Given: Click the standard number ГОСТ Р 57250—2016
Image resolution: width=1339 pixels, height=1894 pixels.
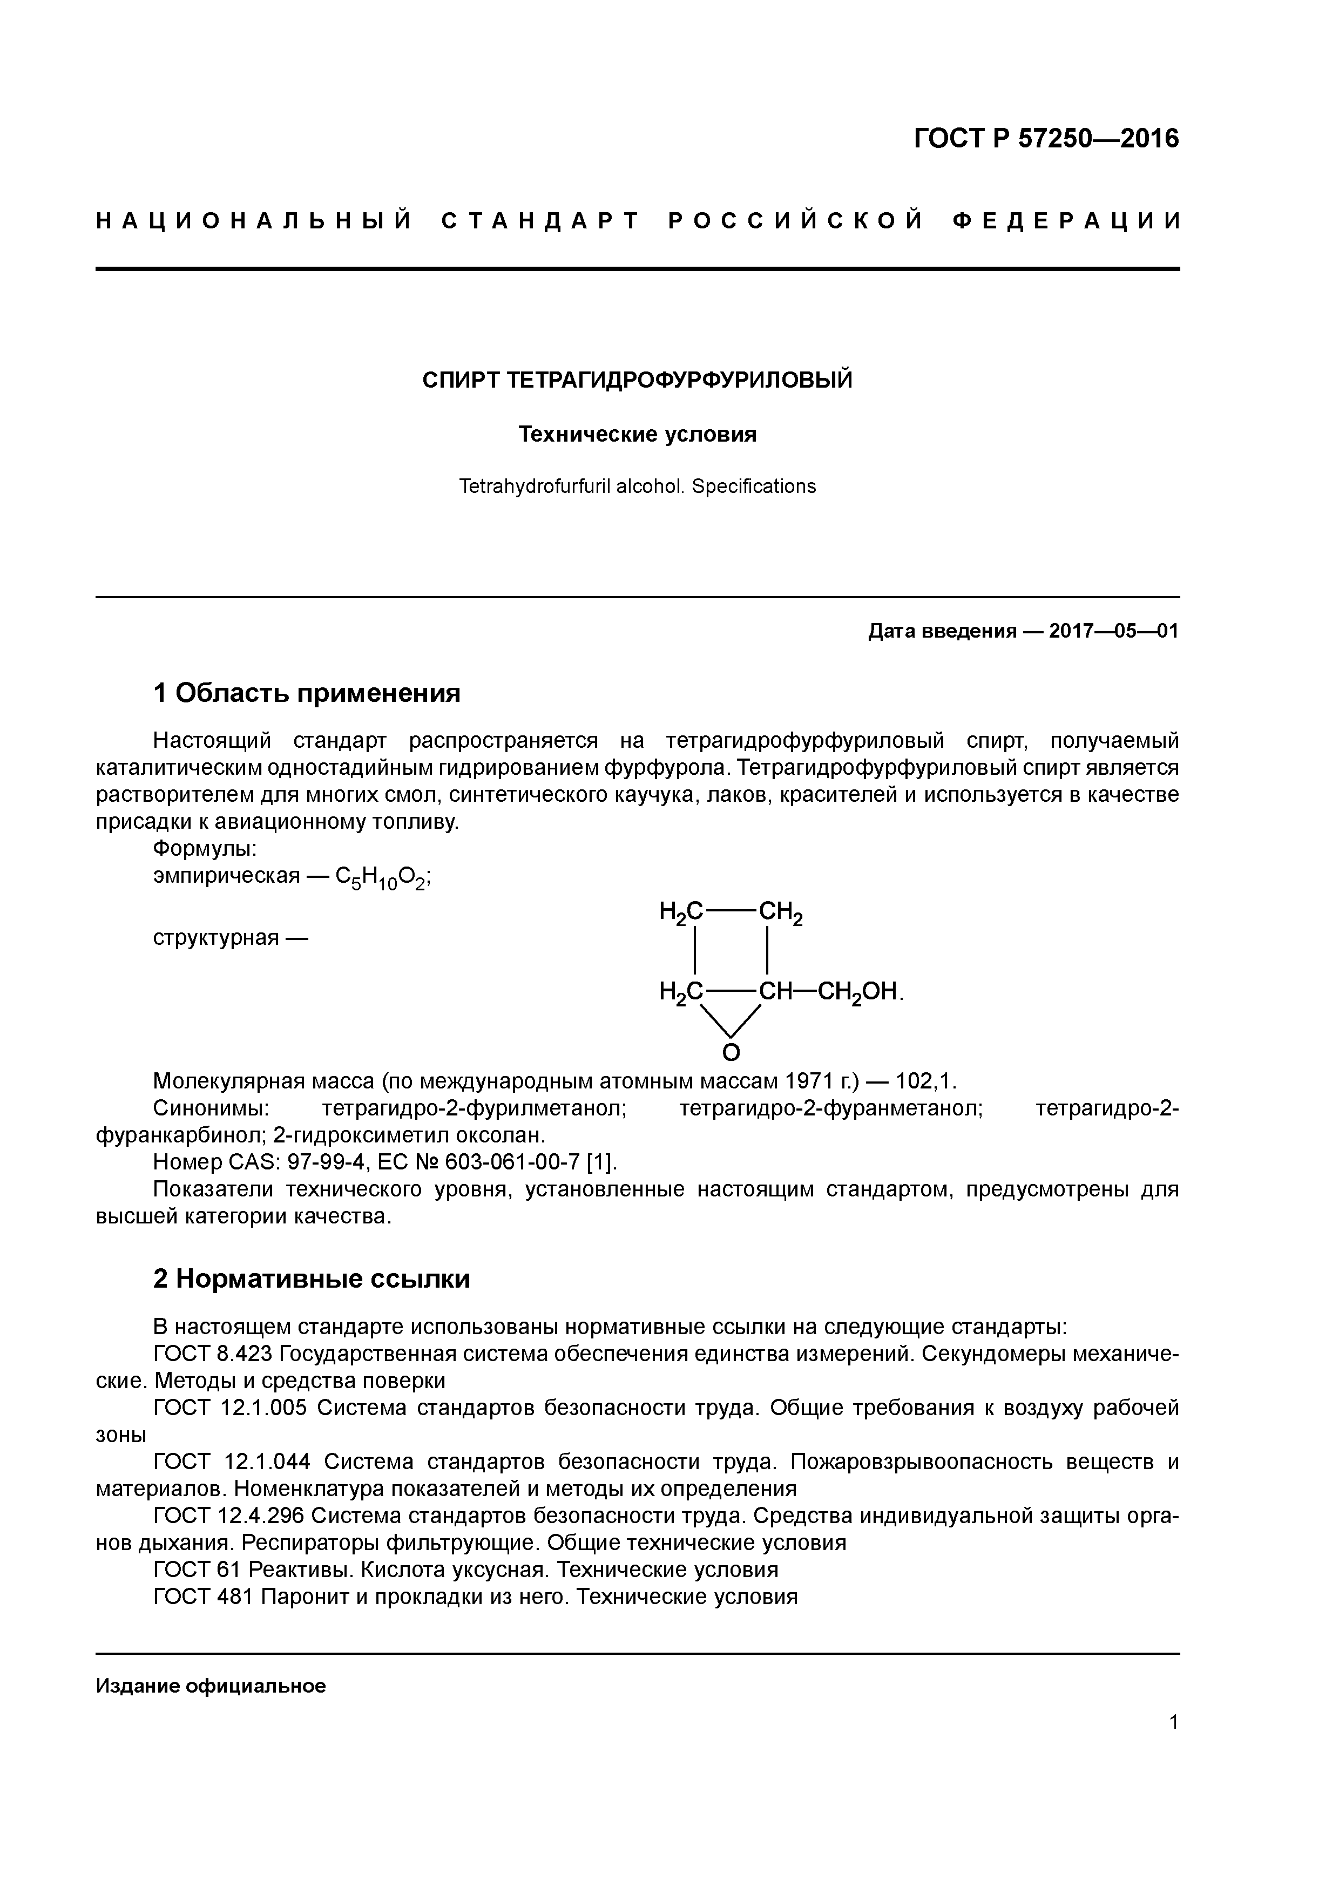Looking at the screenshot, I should click(x=1046, y=139).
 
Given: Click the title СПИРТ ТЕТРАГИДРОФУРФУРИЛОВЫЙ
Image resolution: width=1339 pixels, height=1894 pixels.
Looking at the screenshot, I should click(x=637, y=380).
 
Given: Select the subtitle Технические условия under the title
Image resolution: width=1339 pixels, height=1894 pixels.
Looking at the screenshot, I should click(x=637, y=434).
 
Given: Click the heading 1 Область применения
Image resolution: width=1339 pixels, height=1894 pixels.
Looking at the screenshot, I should click(x=307, y=693).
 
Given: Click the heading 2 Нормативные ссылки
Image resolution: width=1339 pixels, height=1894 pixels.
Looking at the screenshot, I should click(x=312, y=1279).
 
